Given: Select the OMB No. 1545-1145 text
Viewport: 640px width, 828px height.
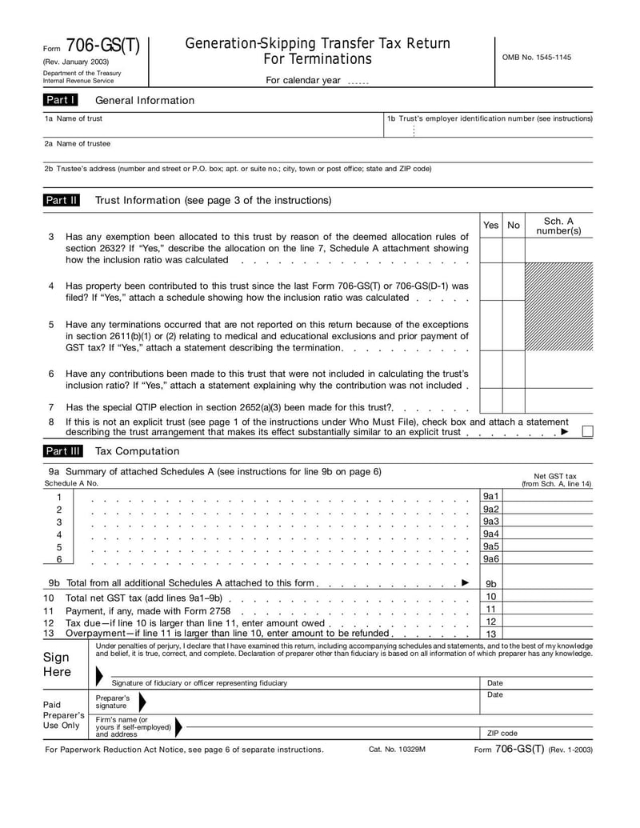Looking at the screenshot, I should click(x=536, y=58).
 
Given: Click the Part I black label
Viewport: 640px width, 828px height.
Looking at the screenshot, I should click(x=61, y=100).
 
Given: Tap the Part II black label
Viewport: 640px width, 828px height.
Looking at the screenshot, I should click(x=62, y=200).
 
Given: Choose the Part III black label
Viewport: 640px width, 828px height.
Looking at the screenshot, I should click(x=62, y=451).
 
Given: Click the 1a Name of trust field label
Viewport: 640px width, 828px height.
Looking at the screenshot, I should click(x=74, y=118).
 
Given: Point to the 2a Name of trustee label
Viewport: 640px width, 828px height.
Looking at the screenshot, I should click(x=78, y=144).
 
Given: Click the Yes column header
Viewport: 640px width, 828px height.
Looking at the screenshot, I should click(x=490, y=226).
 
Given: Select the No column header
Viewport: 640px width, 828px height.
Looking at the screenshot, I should click(x=514, y=226).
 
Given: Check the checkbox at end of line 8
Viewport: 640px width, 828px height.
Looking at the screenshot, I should click(x=587, y=432).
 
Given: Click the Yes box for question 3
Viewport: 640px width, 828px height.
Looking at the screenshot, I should click(x=490, y=250).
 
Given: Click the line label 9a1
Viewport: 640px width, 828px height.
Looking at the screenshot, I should click(x=491, y=497).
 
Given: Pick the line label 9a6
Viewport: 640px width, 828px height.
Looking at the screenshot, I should click(x=491, y=559).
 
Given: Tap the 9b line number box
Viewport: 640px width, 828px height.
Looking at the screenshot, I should click(x=491, y=584).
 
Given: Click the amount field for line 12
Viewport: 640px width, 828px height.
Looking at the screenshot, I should click(x=548, y=622).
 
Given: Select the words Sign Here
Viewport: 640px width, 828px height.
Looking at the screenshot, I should click(x=58, y=664).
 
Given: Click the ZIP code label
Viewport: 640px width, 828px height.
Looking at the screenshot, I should click(x=502, y=733).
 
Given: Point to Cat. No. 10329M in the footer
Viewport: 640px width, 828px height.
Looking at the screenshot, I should click(x=397, y=750).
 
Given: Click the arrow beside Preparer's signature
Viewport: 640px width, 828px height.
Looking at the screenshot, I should click(x=142, y=702).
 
